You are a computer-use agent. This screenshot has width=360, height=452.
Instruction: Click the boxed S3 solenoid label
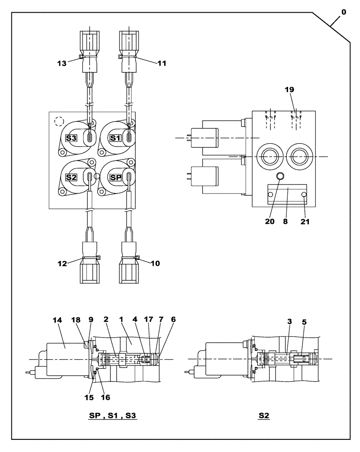[71, 139]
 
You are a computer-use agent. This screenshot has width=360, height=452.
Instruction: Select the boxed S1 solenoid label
[115, 139]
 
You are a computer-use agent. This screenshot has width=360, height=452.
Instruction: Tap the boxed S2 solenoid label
[71, 178]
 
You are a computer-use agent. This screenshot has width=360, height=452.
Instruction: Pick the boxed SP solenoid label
[115, 178]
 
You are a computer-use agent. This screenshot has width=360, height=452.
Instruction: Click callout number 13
[62, 63]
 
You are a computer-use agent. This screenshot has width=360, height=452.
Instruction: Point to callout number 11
[161, 63]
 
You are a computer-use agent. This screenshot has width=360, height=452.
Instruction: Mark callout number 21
[305, 222]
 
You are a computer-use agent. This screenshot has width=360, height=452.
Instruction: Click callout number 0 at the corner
[343, 13]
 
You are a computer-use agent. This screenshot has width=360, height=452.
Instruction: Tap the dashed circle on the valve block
[58, 122]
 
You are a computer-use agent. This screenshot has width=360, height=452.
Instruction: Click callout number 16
[105, 397]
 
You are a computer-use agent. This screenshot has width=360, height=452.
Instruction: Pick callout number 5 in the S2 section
[304, 322]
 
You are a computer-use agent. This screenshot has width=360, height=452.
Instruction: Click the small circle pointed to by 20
[280, 176]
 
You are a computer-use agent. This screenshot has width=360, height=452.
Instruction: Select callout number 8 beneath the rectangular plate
[286, 222]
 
